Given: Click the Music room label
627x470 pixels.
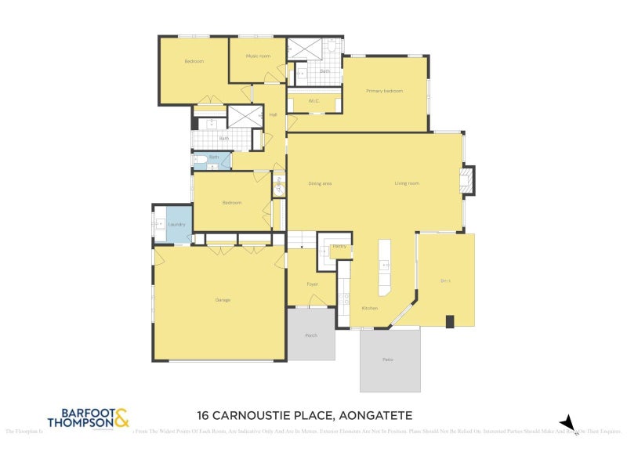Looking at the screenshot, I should (x=258, y=56).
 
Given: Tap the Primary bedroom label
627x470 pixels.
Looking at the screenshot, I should (x=384, y=91).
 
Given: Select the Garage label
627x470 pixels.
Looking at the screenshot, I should (x=223, y=300).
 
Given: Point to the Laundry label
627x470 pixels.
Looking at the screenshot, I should (x=176, y=225).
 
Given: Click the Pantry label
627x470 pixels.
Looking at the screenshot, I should (x=339, y=246).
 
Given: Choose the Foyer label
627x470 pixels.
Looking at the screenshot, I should (x=312, y=284).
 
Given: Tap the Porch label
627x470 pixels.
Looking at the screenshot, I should (x=311, y=334).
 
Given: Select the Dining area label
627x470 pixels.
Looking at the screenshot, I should (x=320, y=183).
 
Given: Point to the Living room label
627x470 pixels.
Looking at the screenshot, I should (x=407, y=183).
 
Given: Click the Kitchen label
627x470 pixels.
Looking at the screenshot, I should (x=369, y=308).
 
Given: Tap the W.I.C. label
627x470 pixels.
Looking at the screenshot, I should (x=313, y=101).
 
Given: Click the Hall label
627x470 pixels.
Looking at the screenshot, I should (x=273, y=115).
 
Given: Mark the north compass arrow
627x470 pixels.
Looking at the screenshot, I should (x=569, y=424).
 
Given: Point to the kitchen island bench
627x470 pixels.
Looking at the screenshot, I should (x=385, y=267).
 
